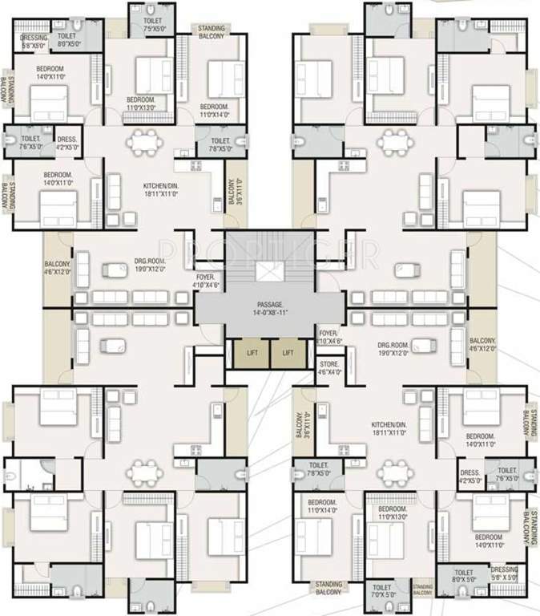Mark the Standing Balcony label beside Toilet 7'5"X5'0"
(212, 32)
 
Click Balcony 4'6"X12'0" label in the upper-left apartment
(58, 268)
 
